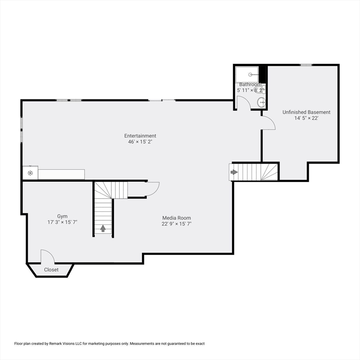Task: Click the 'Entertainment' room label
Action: click(x=140, y=136)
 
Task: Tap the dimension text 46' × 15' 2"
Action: click(x=140, y=142)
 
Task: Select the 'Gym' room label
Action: click(x=62, y=216)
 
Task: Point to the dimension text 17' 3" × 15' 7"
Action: click(x=62, y=222)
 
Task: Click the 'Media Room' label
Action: click(x=177, y=218)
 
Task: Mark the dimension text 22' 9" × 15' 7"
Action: click(x=177, y=224)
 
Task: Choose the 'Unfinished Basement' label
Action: click(x=306, y=112)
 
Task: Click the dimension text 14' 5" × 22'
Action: click(x=306, y=118)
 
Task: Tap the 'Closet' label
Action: click(x=52, y=270)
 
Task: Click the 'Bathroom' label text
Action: click(x=250, y=84)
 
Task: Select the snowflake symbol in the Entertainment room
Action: click(x=30, y=173)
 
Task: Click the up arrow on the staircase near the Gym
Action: click(x=103, y=229)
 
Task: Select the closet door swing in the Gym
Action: click(x=47, y=256)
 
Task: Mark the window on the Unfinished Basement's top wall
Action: click(x=307, y=65)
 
